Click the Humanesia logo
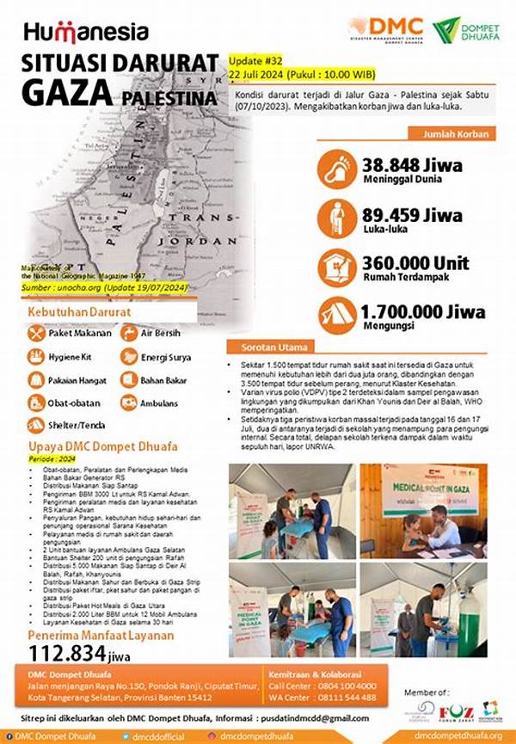coord(86,32)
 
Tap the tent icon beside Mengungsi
coord(337,313)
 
